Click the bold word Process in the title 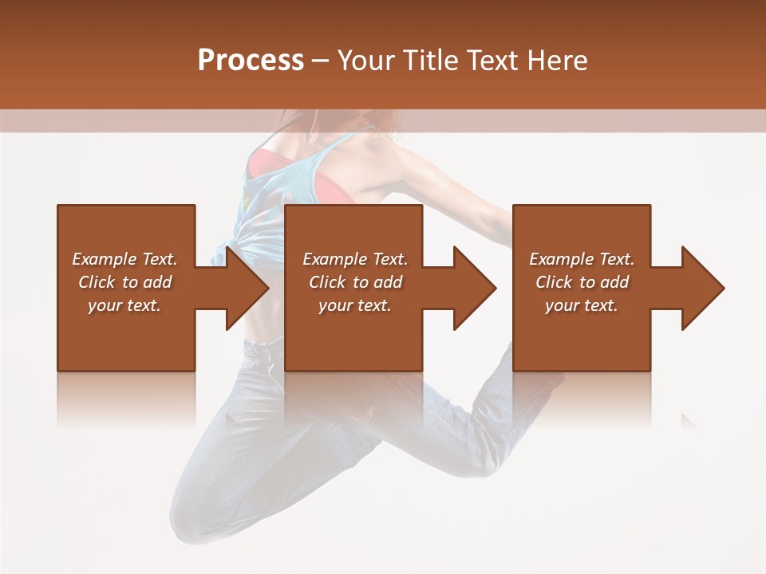click(x=251, y=61)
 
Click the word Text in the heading click(x=492, y=61)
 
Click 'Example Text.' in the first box click(x=124, y=259)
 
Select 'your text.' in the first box click(x=124, y=305)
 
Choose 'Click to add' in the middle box click(x=355, y=282)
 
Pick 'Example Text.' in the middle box click(x=355, y=259)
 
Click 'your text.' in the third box click(x=582, y=305)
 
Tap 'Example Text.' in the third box click(x=582, y=259)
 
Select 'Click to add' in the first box click(x=124, y=282)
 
